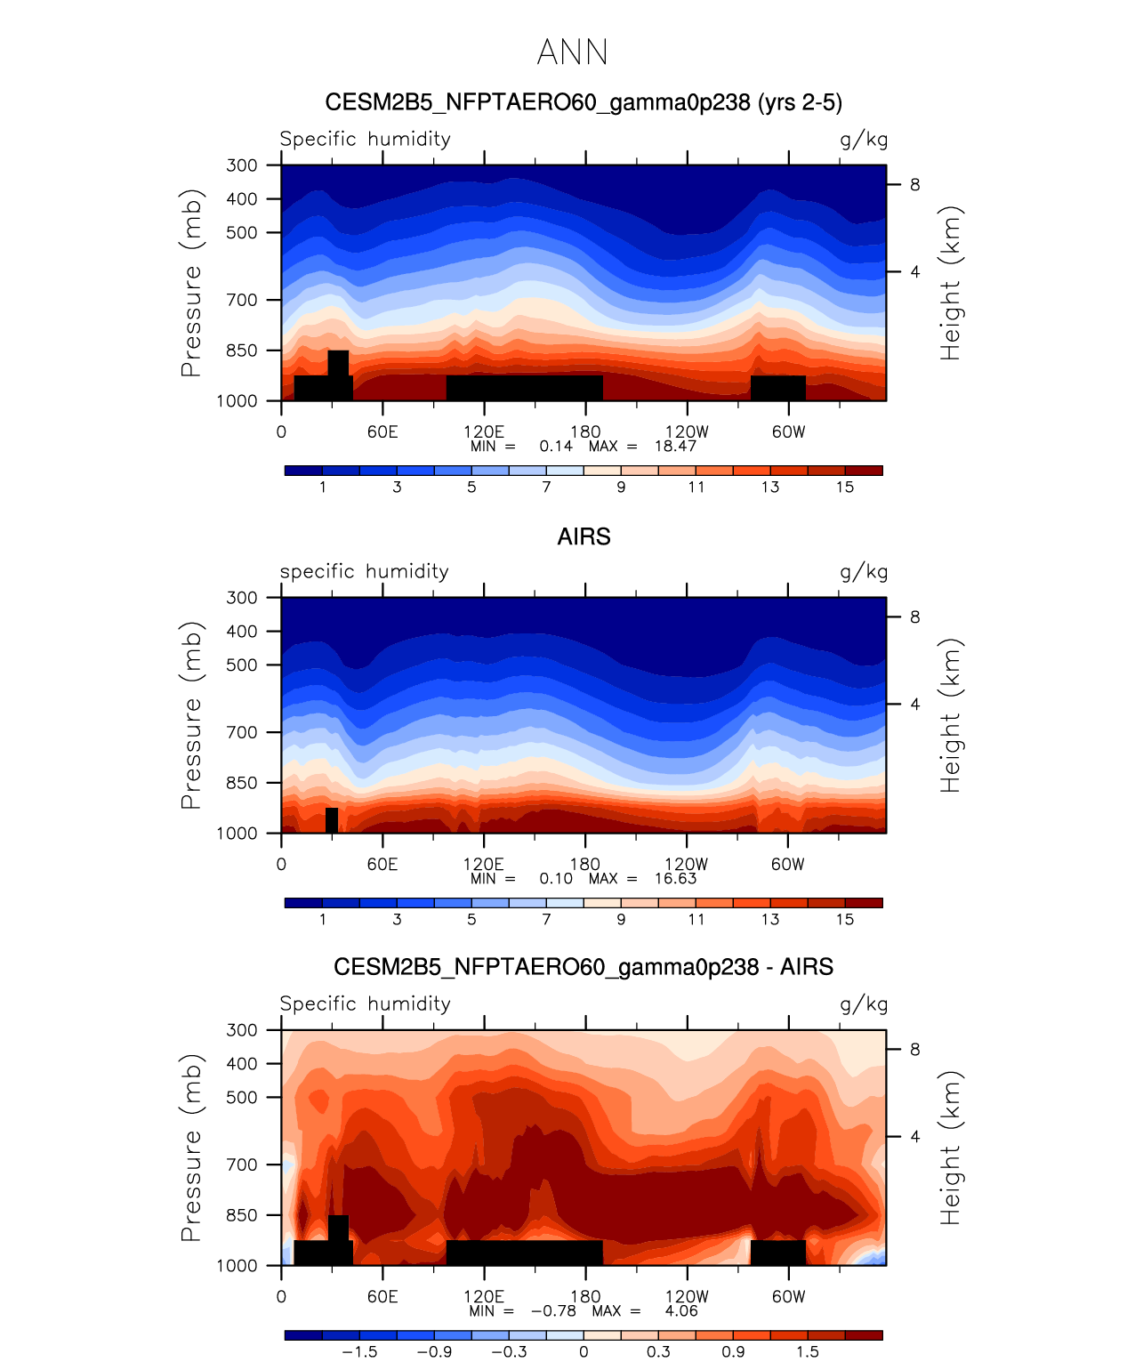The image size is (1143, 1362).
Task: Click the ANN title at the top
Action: pyautogui.click(x=572, y=52)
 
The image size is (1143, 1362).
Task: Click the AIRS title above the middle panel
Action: pyautogui.click(x=584, y=537)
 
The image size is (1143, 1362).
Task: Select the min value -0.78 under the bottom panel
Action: pyautogui.click(x=553, y=1311)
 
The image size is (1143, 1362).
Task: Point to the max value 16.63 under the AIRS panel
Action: pyautogui.click(x=675, y=879)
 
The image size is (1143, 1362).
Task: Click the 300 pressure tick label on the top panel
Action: pyautogui.click(x=242, y=165)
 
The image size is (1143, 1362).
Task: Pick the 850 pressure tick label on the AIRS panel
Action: pyautogui.click(x=242, y=783)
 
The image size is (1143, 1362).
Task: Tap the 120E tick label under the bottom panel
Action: pyautogui.click(x=484, y=1297)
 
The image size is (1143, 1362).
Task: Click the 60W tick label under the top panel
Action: pyautogui.click(x=788, y=432)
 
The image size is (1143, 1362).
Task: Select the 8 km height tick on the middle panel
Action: pyautogui.click(x=914, y=617)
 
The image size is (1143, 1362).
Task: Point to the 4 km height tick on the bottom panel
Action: pyautogui.click(x=914, y=1137)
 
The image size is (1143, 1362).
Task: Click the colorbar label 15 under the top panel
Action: pyautogui.click(x=845, y=488)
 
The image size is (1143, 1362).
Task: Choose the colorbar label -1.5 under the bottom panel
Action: pyautogui.click(x=359, y=1352)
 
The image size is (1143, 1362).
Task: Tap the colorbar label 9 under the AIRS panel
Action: pyautogui.click(x=621, y=920)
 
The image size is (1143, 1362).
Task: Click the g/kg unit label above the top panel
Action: pyautogui.click(x=864, y=140)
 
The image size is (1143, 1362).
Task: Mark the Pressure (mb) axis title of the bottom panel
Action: pyautogui.click(x=191, y=1148)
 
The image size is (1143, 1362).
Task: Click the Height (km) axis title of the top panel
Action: pyautogui.click(x=951, y=283)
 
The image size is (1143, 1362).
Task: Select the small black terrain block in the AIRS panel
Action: pyautogui.click(x=332, y=820)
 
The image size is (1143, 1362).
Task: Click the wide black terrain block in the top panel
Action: pyautogui.click(x=524, y=388)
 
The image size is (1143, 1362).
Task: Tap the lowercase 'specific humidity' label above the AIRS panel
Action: pyautogui.click(x=365, y=572)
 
